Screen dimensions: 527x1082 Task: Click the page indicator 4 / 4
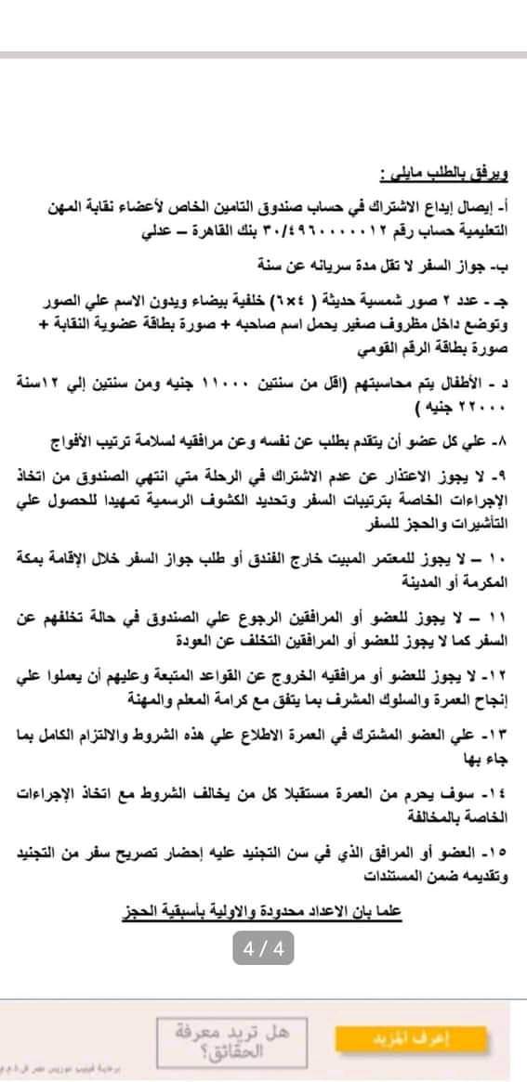[x=263, y=950]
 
